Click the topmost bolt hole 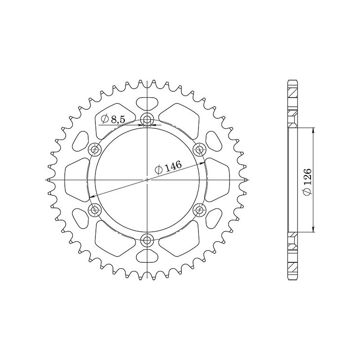point(147,120)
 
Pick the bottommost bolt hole point(147,239)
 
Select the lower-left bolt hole point(95,209)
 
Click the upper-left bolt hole point(95,149)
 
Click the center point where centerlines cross point(147,180)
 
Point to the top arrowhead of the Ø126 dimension point(314,128)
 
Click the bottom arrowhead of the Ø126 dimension point(314,231)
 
